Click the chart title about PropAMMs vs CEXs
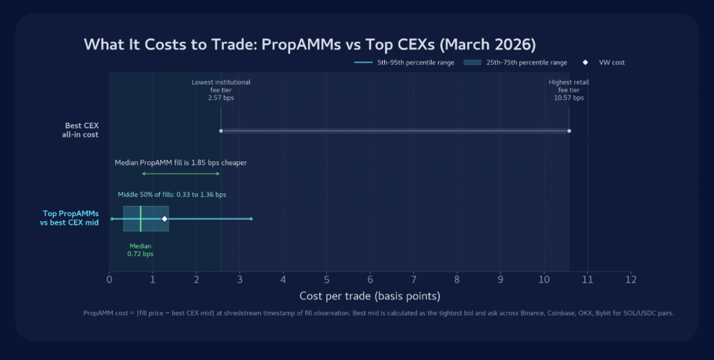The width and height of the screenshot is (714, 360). (x=310, y=45)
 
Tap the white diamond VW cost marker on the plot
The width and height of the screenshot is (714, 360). (x=165, y=219)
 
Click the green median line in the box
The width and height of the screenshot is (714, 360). (x=140, y=218)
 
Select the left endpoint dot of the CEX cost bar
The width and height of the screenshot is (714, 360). (x=221, y=130)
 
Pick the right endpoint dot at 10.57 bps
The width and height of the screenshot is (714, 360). (x=569, y=130)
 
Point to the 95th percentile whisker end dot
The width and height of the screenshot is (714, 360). (x=251, y=219)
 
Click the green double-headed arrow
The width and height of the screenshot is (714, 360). (x=181, y=174)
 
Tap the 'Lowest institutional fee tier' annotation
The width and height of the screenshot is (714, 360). (x=221, y=89)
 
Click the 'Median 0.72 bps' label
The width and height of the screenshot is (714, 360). (x=140, y=250)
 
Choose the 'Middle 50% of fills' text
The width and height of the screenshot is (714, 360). (x=172, y=195)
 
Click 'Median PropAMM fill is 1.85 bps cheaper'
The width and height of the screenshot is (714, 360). (x=181, y=163)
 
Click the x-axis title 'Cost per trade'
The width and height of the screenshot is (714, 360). (x=370, y=296)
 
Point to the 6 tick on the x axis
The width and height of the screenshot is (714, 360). (x=370, y=280)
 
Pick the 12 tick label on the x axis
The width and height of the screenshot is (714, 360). (x=630, y=280)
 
